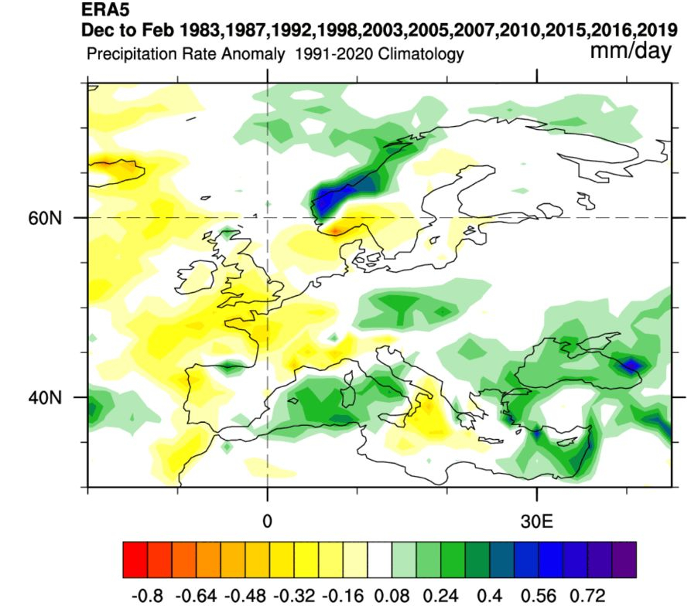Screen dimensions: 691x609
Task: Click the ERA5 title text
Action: pos(105,9)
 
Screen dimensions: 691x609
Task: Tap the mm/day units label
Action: pos(631,51)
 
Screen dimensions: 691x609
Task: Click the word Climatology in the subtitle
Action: pos(421,55)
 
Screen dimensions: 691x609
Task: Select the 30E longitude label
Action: pos(536,522)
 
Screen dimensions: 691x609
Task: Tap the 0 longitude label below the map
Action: pos(267,522)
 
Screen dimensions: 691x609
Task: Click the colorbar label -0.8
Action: pos(147,596)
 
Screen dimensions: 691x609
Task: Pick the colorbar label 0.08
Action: pos(392,596)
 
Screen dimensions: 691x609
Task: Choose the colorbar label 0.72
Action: pos(587,596)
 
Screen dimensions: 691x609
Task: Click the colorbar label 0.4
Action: pos(490,596)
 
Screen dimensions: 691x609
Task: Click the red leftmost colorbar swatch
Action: pos(135,560)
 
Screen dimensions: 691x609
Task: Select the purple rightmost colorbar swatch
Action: pos(624,560)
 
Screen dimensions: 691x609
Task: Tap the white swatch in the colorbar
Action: pos(379,560)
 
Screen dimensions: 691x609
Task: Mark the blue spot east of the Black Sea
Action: pos(632,365)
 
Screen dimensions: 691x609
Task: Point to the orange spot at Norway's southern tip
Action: pos(335,230)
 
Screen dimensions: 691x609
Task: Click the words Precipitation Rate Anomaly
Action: pos(186,55)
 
